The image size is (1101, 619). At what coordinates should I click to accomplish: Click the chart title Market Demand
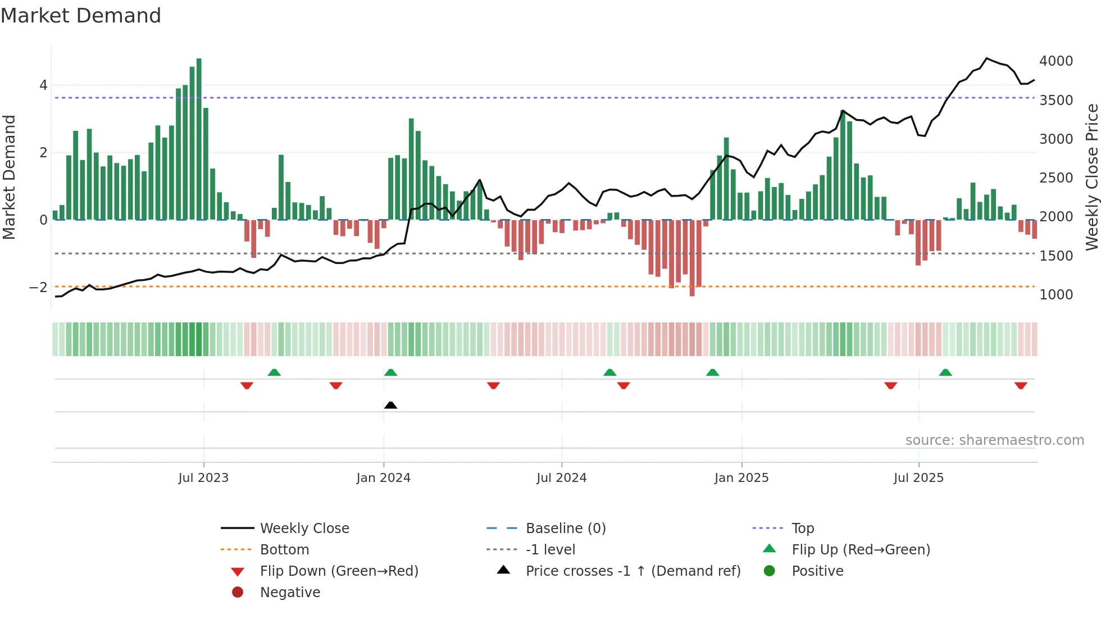point(81,16)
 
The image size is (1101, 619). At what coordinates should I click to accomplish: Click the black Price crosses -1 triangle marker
point(390,405)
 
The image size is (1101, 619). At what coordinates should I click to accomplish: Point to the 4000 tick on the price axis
point(1055,61)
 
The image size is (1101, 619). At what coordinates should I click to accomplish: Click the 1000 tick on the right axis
point(1055,294)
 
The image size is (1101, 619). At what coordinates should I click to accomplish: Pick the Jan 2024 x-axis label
point(383,478)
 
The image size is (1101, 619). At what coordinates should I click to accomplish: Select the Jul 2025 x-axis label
point(918,478)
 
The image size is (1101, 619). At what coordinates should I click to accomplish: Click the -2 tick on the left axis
point(38,288)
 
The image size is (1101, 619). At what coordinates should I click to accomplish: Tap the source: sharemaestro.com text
point(994,440)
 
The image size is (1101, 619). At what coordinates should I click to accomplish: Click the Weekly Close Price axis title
point(1091,177)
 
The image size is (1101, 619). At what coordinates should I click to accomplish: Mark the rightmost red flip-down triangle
point(1021,385)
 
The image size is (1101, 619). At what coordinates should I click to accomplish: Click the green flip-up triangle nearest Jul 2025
point(945,372)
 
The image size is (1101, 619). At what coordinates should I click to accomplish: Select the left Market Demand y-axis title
point(10,177)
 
